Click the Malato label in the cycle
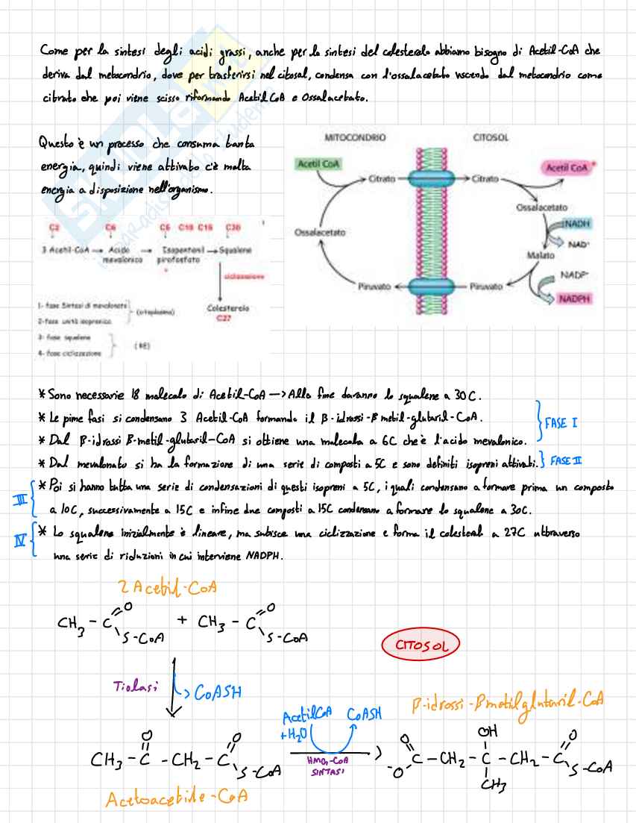pyautogui.click(x=541, y=255)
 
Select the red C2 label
pyautogui.click(x=54, y=226)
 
